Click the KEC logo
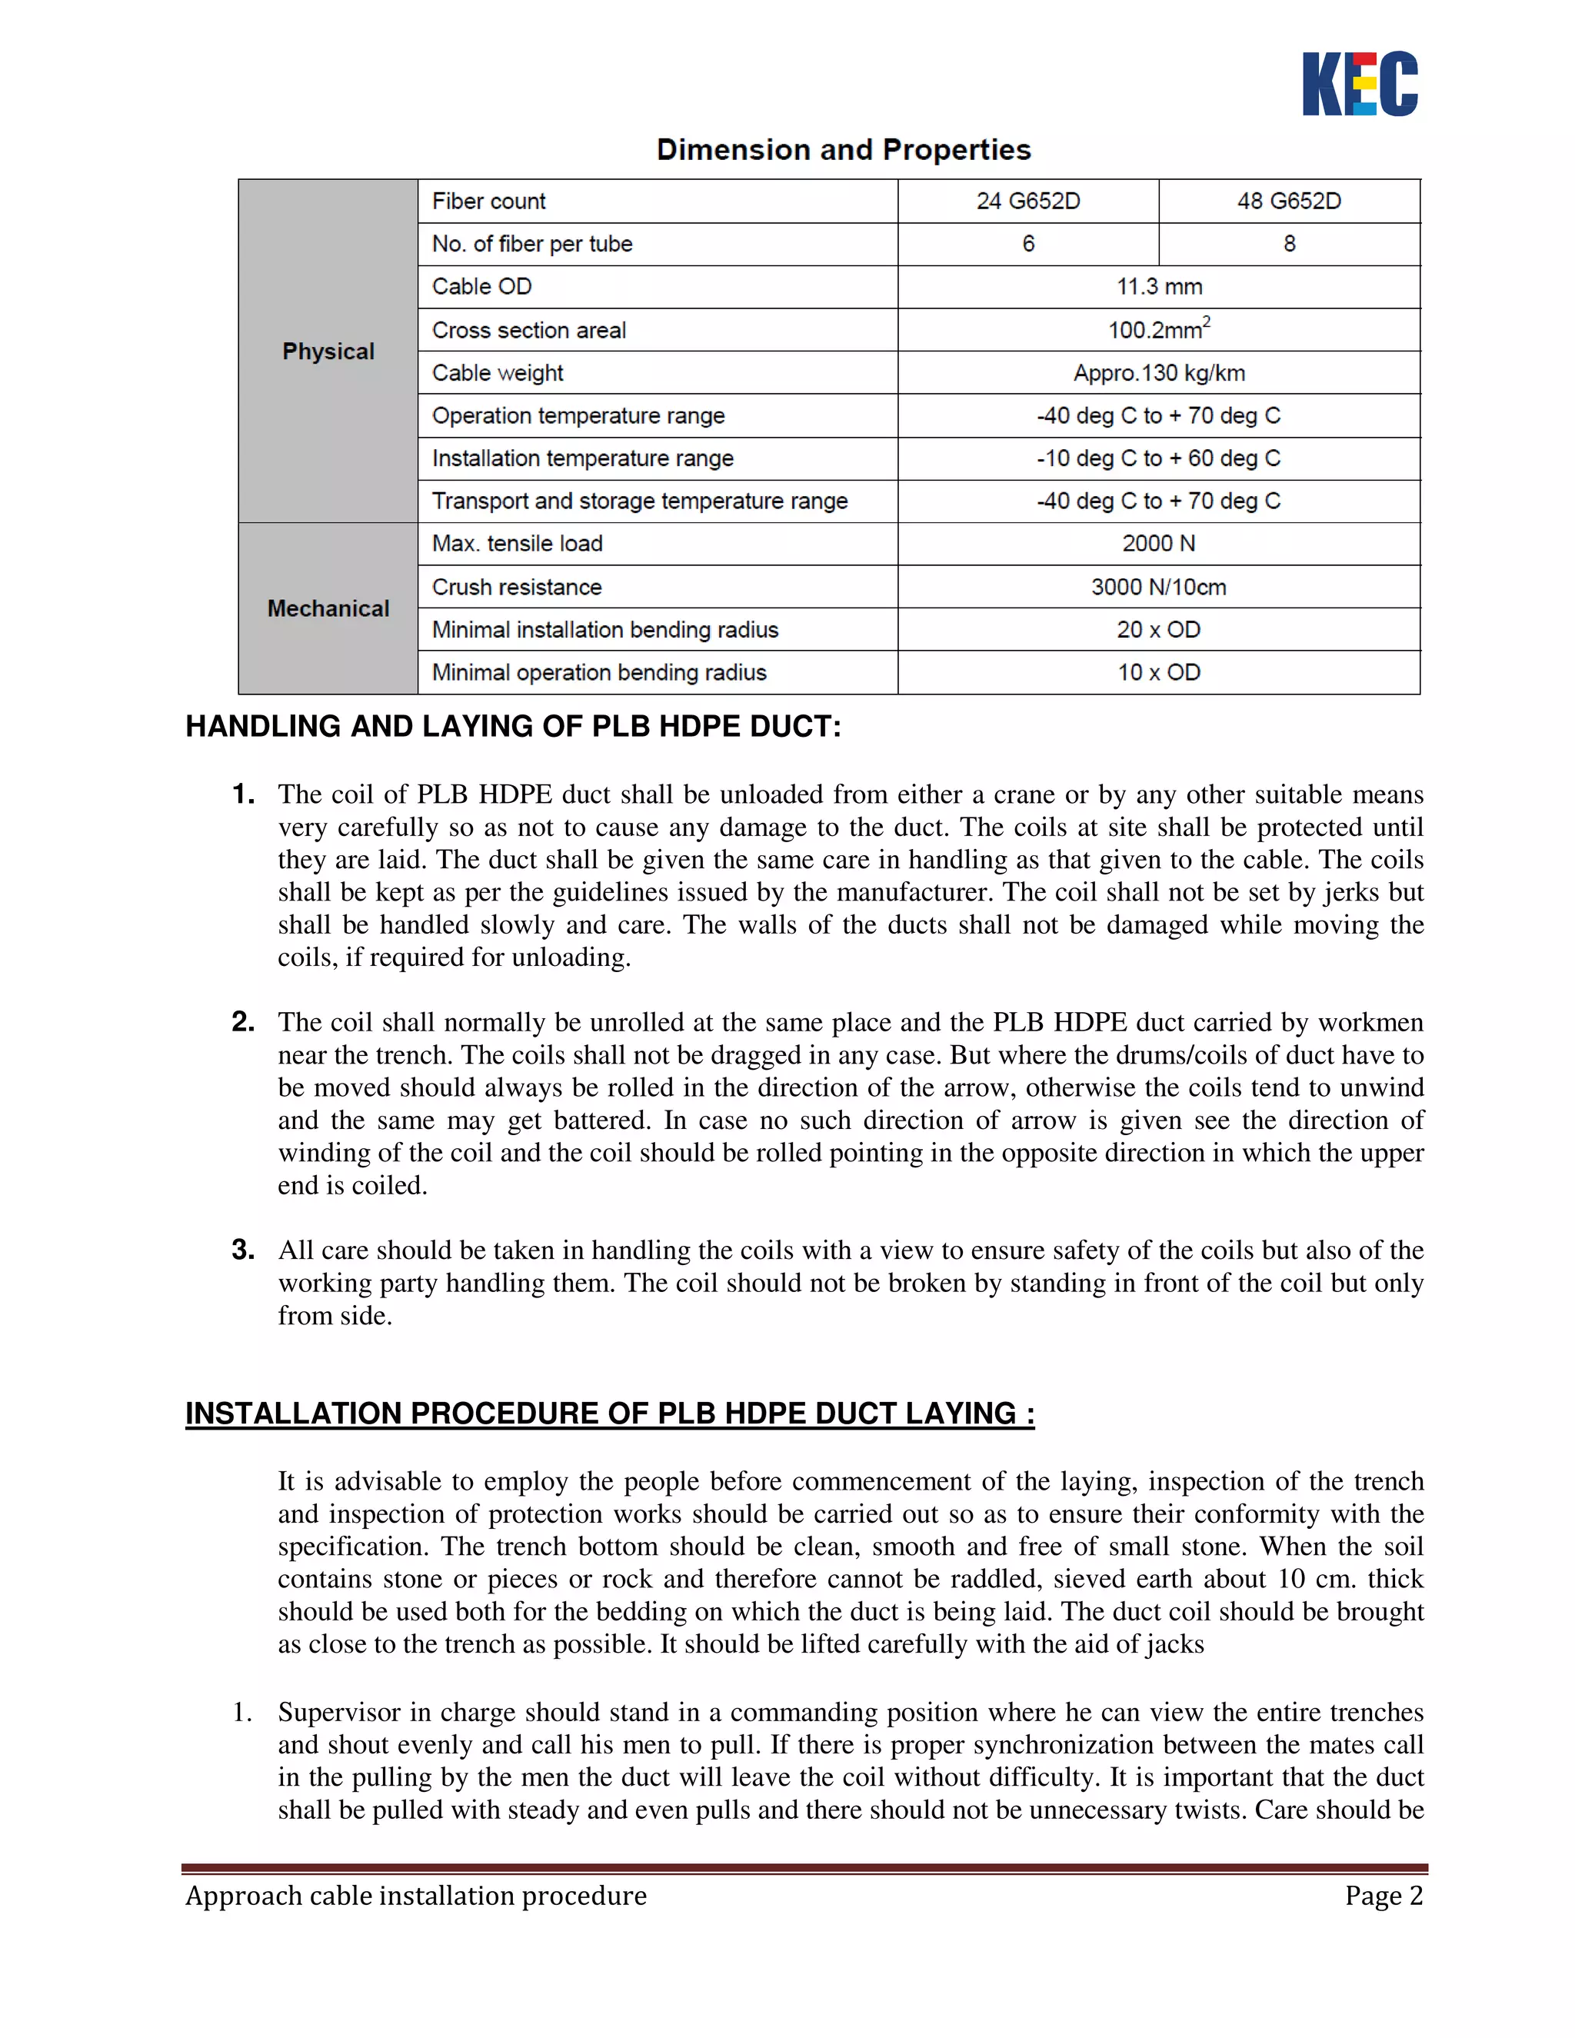pos(1360,84)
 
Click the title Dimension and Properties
pos(844,149)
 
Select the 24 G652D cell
pos(1028,201)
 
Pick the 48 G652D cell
pos(1289,201)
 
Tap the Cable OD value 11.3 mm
pos(1159,287)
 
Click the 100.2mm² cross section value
pos(1159,329)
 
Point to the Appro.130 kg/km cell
pos(1159,372)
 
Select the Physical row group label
pos(328,351)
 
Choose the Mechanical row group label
pos(328,608)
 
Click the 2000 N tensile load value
pos(1159,543)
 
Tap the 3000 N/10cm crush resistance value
pos(1159,587)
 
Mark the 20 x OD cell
pos(1159,630)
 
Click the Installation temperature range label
pos(583,458)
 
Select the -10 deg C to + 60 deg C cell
pos(1159,458)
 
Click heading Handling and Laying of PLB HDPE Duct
pos(513,726)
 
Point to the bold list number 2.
pos(242,1022)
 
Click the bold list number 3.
pos(242,1250)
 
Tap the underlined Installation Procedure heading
pos(610,1413)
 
